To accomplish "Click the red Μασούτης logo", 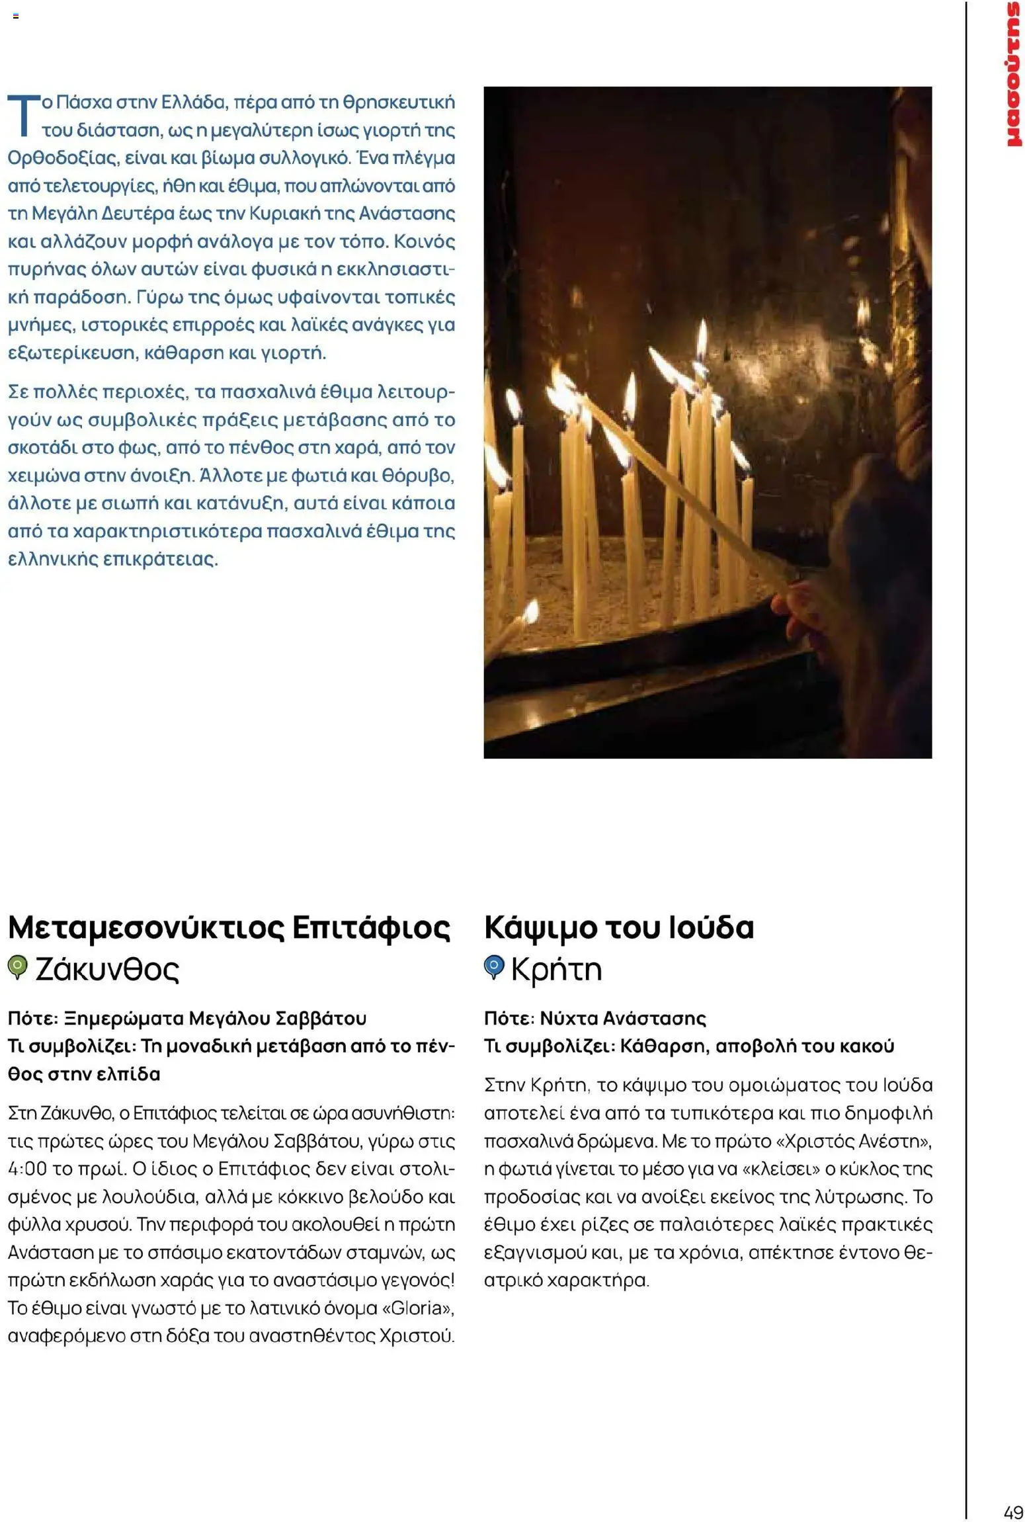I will pos(1012,74).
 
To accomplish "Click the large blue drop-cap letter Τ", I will pos(22,115).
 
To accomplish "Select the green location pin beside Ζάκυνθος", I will pos(17,968).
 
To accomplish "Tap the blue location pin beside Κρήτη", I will pos(493,968).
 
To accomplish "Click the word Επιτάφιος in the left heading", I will pos(371,927).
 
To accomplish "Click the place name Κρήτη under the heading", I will pos(556,969).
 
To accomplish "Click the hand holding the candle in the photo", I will pos(803,609).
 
